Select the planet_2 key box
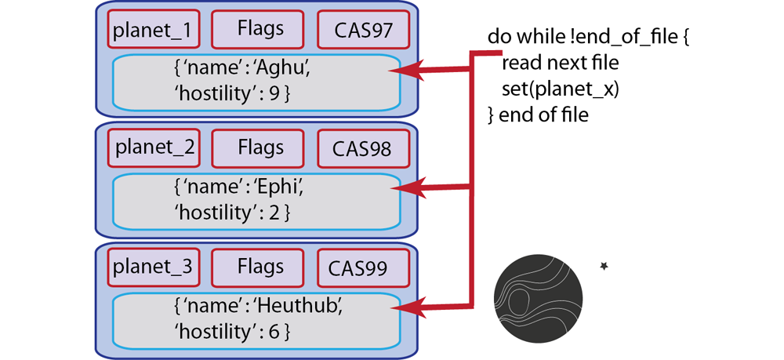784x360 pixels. pyautogui.click(x=154, y=147)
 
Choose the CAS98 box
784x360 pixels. pyautogui.click(x=362, y=148)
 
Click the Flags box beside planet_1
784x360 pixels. pyautogui.click(x=260, y=30)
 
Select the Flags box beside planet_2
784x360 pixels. pyautogui.click(x=260, y=147)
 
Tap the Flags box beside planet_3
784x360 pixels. pyautogui.click(x=260, y=267)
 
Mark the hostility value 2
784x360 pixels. pyautogui.click(x=274, y=213)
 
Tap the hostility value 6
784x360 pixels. pyautogui.click(x=274, y=331)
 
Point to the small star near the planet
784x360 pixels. pyautogui.click(x=604, y=267)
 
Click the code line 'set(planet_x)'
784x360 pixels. pyautogui.click(x=560, y=89)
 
